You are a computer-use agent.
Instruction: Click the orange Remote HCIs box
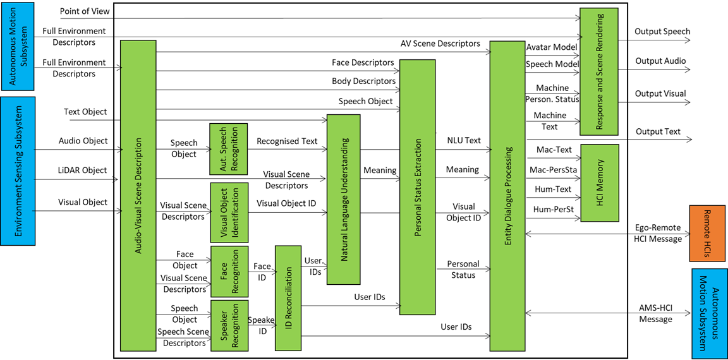pos(708,232)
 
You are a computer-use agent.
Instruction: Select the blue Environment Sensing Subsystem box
pos(18,171)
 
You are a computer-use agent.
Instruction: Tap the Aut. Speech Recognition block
pos(227,149)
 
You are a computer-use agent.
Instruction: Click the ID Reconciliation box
pos(288,297)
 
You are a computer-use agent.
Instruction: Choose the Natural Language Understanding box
pos(343,200)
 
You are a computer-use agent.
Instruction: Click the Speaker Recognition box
pos(227,326)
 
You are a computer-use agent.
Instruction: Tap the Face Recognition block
pos(227,272)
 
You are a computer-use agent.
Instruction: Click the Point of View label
pos(85,11)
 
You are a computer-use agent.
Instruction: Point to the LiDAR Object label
pos(83,171)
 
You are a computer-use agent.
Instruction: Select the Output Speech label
pos(662,32)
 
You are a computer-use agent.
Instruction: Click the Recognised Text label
pos(287,141)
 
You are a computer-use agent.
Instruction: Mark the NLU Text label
pos(464,141)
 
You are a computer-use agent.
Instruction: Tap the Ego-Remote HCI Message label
pos(658,233)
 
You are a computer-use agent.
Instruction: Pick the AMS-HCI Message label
pos(655,313)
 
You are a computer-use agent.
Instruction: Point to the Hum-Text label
pos(554,189)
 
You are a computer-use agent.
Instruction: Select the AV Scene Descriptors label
pos(440,44)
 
